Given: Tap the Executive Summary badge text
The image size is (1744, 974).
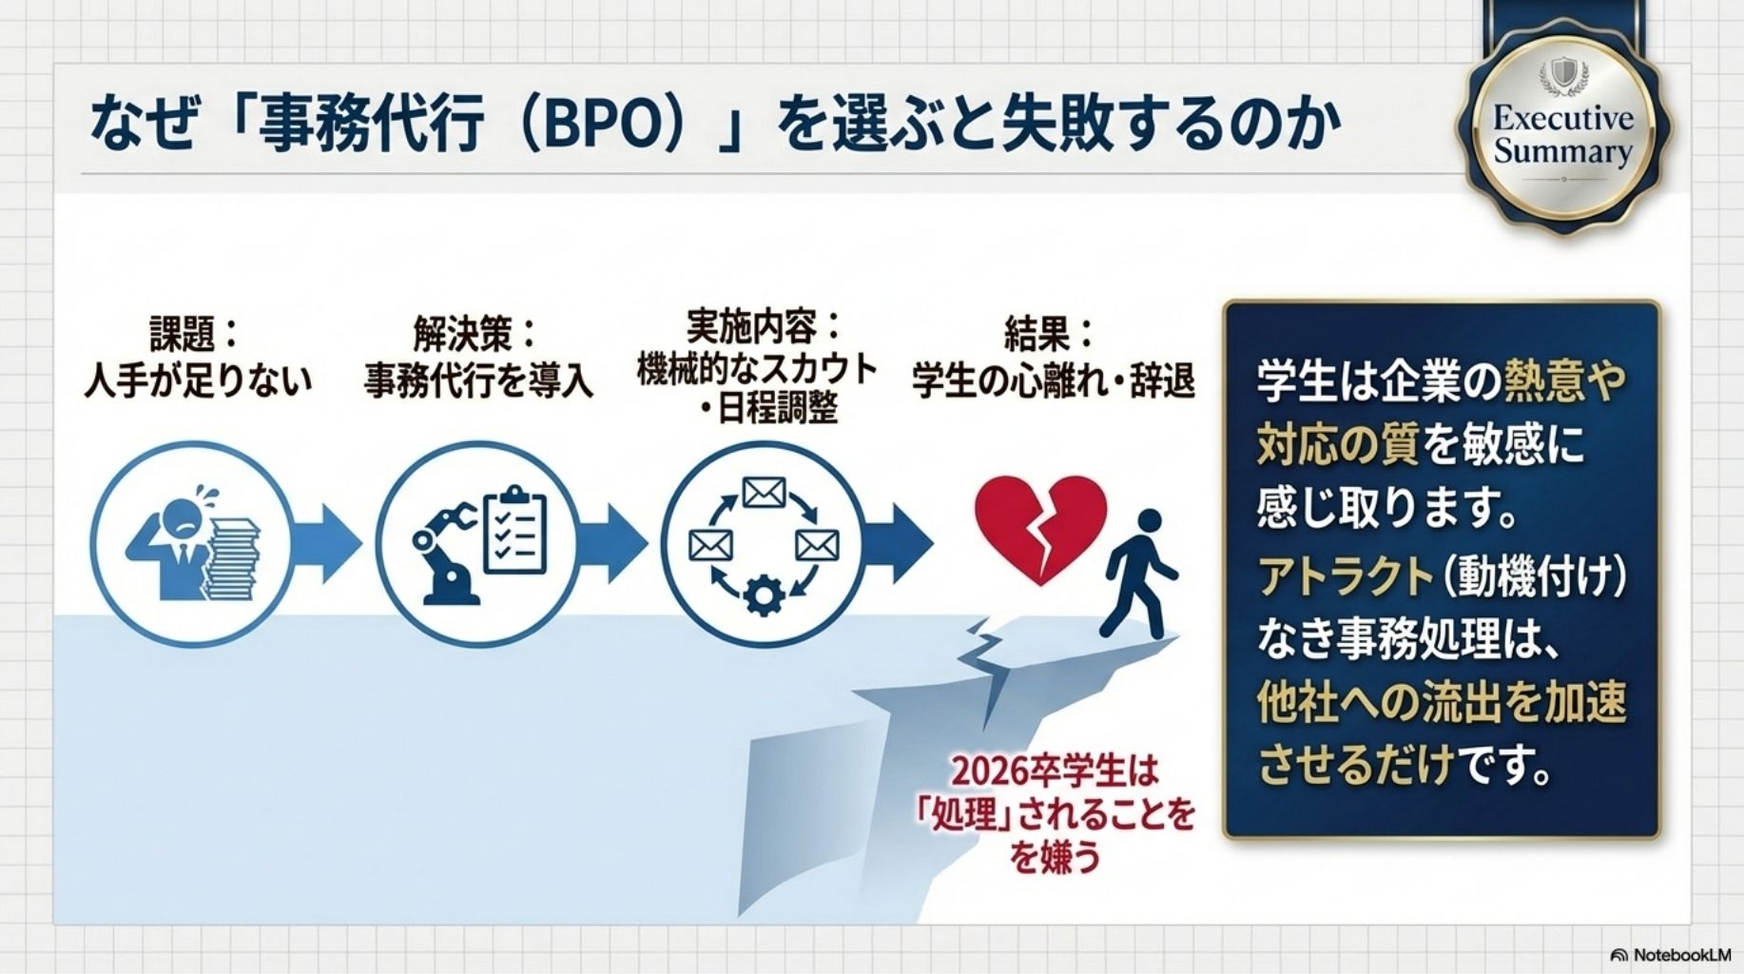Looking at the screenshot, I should (x=1562, y=135).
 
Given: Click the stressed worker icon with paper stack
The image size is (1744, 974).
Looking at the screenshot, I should (x=191, y=545).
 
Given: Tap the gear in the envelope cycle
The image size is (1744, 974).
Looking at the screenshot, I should (x=764, y=596).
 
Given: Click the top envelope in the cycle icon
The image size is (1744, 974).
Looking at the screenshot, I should (x=764, y=493).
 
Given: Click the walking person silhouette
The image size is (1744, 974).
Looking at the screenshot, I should (x=1140, y=574).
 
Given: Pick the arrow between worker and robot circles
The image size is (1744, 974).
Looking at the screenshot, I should (x=326, y=544).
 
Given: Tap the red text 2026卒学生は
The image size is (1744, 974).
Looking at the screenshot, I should (x=1056, y=770).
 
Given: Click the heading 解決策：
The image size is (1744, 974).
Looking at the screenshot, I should (x=475, y=334).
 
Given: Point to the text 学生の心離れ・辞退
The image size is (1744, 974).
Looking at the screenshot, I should (x=1052, y=381).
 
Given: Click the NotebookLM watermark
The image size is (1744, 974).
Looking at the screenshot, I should (x=1671, y=954).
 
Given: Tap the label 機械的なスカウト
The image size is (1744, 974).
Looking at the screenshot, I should (x=757, y=369).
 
